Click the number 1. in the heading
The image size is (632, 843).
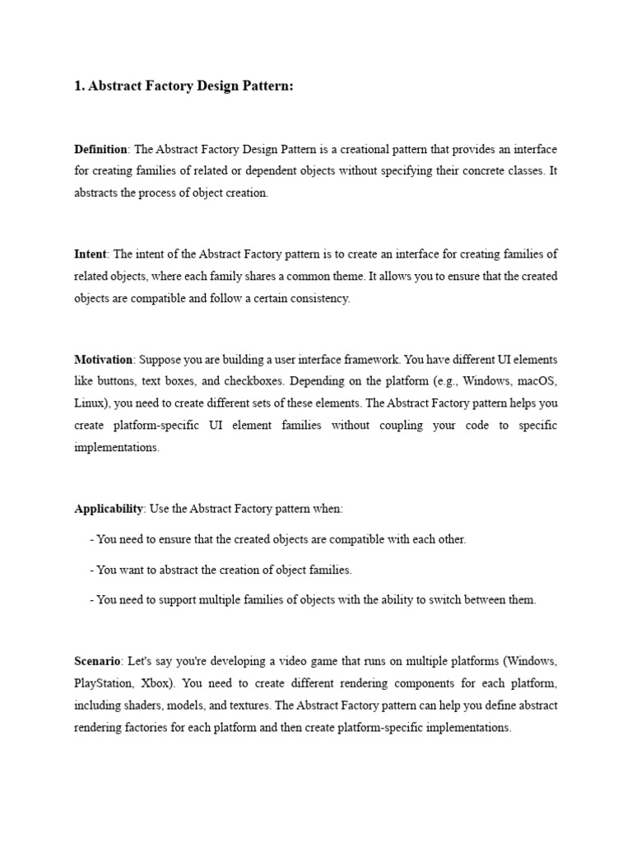80,87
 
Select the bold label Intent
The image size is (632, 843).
91,254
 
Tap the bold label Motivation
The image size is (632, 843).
103,360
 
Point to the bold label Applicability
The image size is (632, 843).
109,509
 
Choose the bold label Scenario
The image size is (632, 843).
98,661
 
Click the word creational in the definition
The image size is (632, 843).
321,149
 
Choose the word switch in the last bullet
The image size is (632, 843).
434,600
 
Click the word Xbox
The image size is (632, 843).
157,683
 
